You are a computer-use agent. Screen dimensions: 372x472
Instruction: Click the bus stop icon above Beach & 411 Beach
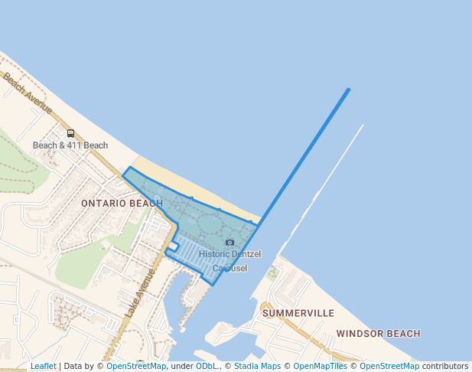pos(70,133)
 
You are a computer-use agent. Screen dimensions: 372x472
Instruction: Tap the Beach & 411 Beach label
pos(70,145)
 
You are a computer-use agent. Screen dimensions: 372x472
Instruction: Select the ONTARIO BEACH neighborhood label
pos(122,203)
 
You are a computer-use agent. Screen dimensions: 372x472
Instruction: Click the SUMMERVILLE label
pos(298,313)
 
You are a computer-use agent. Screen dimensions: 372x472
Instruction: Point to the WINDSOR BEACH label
pos(378,334)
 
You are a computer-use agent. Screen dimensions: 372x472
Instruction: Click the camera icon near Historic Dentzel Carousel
pos(229,243)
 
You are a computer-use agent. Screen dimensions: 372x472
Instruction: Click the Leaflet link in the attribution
pos(43,367)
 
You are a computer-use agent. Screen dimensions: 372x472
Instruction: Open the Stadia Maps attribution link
pos(257,367)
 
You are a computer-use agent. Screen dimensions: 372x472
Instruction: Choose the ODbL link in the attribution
pos(207,367)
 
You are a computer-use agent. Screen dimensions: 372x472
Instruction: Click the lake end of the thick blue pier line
pos(349,90)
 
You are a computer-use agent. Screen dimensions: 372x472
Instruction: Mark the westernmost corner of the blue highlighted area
pos(123,175)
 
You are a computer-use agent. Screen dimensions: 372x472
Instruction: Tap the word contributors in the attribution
pos(445,367)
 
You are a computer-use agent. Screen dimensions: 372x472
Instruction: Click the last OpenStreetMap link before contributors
pos(389,367)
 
